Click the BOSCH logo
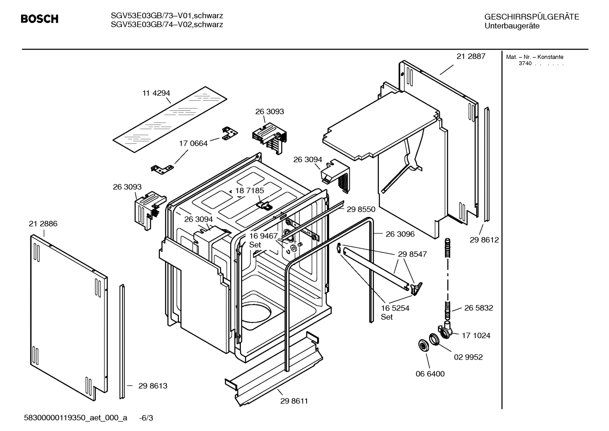[39, 19]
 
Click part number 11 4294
[156, 93]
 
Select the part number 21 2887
[471, 56]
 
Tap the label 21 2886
[43, 224]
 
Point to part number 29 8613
[153, 386]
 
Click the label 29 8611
[294, 401]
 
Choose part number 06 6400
[430, 374]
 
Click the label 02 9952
[468, 357]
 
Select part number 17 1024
[476, 335]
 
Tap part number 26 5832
[478, 308]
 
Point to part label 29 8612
[484, 240]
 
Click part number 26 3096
[400, 234]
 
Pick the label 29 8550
[361, 209]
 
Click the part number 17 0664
[193, 143]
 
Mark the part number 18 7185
[250, 191]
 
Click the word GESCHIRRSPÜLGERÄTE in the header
[531, 17]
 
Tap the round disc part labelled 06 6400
[422, 345]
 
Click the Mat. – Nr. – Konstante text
[534, 57]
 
